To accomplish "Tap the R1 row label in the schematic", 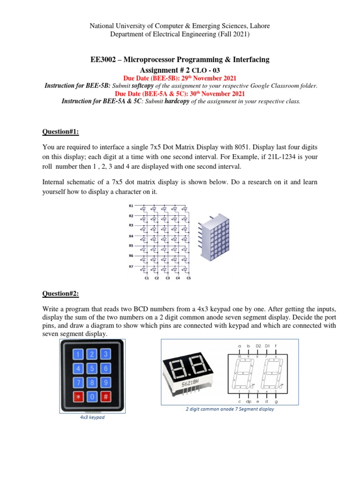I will click(x=131, y=206).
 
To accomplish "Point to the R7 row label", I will click(x=131, y=266).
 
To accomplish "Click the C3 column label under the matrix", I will click(x=167, y=278).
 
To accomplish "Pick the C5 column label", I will click(x=188, y=278).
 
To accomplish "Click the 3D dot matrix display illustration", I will click(x=213, y=237).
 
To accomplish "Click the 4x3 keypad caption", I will click(x=92, y=417).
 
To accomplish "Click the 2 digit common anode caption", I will click(x=230, y=409).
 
